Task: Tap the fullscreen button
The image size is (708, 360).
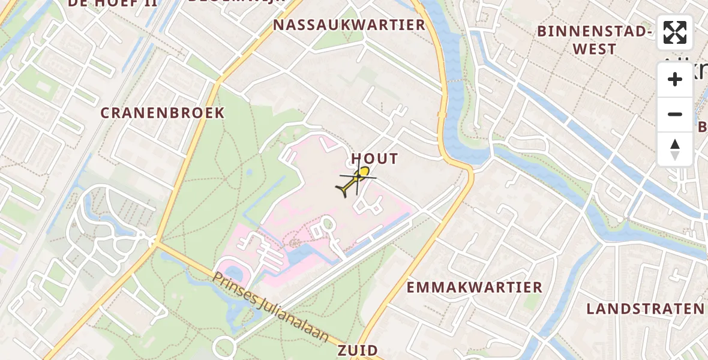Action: (x=675, y=32)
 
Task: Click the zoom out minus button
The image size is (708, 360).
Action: (x=675, y=114)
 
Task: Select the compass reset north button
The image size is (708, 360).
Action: (x=675, y=149)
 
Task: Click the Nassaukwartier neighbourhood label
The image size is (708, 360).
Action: (x=349, y=25)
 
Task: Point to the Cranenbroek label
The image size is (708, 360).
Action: (x=163, y=113)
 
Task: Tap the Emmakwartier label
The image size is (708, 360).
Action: (x=474, y=287)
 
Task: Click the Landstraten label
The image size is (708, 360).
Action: (x=646, y=309)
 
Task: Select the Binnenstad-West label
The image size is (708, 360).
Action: (x=595, y=40)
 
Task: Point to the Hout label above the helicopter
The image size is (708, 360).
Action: (x=374, y=158)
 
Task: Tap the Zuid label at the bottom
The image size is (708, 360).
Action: (x=358, y=350)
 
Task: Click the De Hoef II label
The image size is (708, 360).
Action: (x=113, y=3)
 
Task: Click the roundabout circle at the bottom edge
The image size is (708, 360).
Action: (x=224, y=347)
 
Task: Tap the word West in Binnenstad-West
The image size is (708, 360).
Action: (x=595, y=49)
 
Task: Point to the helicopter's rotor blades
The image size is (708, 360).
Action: (x=358, y=177)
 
